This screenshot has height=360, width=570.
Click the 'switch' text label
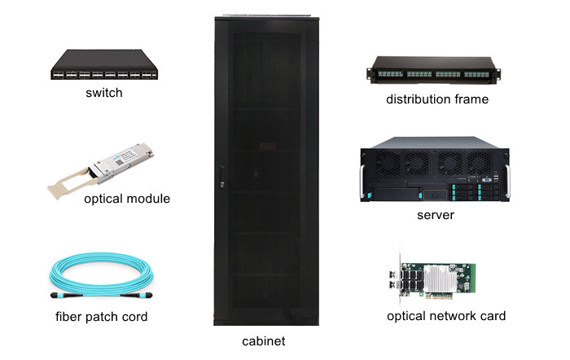(104, 93)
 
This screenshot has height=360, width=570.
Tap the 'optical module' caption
(127, 198)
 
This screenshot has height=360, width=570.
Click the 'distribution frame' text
(437, 99)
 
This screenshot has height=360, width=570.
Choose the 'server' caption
(435, 215)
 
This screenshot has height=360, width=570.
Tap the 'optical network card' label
(446, 316)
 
